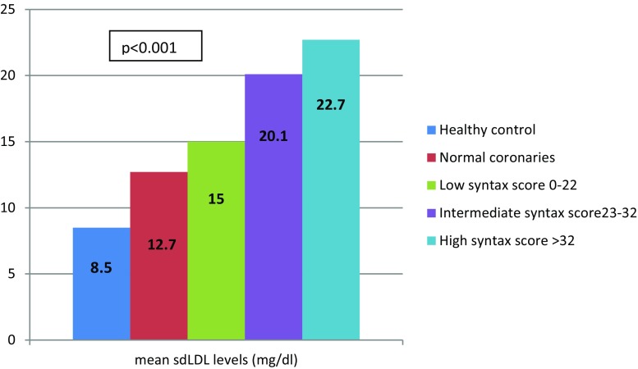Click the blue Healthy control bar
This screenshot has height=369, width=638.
coord(101,283)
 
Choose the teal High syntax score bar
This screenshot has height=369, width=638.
coord(331,189)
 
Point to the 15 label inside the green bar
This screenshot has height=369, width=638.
coord(217,198)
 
